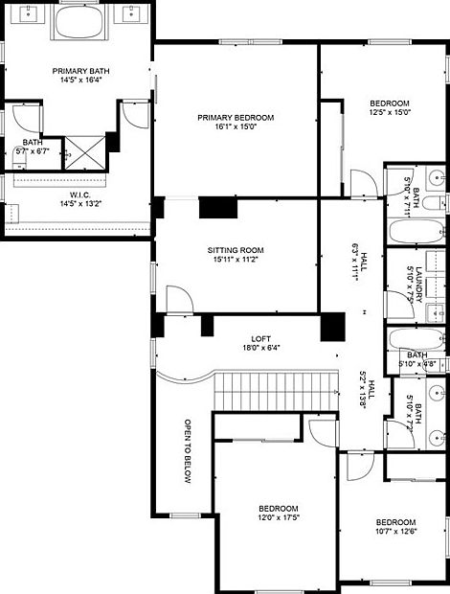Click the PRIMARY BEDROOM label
coord(236,118)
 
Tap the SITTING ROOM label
coord(236,250)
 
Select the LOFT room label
coord(260,338)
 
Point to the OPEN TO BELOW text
coord(188,451)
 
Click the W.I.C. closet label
coord(80,195)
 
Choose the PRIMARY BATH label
coord(81,71)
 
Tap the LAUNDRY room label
coord(418,285)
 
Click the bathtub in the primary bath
coord(79,21)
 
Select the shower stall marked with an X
coord(85,152)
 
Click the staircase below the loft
coord(277,391)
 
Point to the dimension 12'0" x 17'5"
coord(279,517)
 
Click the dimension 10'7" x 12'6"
coord(395,531)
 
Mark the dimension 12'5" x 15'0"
coord(390,112)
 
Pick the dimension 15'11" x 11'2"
coord(236,260)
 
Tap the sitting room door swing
coord(180,299)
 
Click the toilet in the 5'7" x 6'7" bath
coord(19,157)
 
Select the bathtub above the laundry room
coord(416,231)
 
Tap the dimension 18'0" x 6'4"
coord(260,348)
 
